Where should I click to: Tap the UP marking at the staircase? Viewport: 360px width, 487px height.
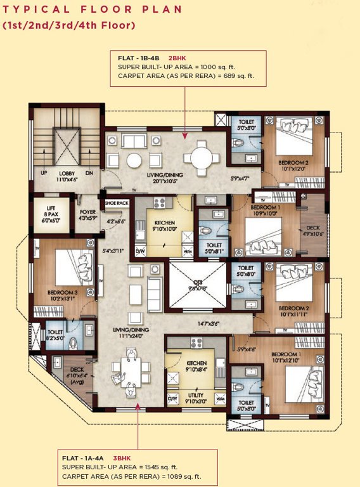pyautogui.click(x=44, y=172)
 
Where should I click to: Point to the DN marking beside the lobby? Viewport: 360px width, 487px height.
pyautogui.click(x=89, y=172)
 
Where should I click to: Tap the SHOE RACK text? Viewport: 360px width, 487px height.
pyautogui.click(x=117, y=203)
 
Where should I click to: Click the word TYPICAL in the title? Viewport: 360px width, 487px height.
pyautogui.click(x=32, y=10)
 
